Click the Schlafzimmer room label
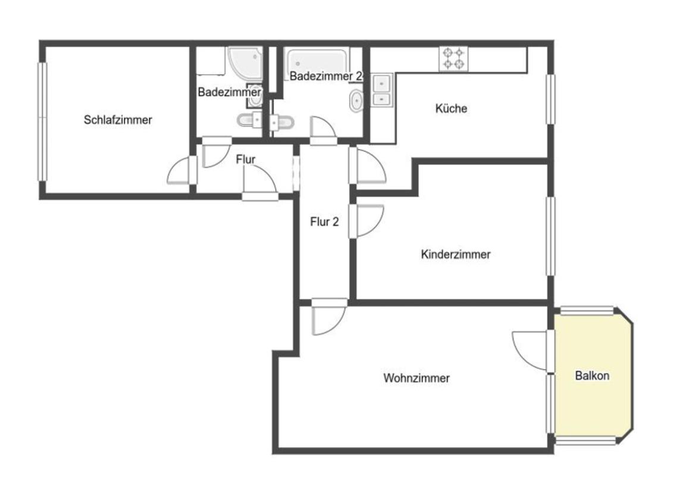118,120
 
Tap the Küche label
451,108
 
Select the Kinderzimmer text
456,254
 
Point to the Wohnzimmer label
416,378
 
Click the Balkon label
592,376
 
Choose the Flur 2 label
325,222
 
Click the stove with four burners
454,59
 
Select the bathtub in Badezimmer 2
317,62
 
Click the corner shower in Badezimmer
245,63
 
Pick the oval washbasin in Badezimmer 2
356,101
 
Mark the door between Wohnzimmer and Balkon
531,351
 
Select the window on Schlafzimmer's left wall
42,121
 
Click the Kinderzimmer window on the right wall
550,236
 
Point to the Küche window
550,99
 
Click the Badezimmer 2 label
326,77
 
